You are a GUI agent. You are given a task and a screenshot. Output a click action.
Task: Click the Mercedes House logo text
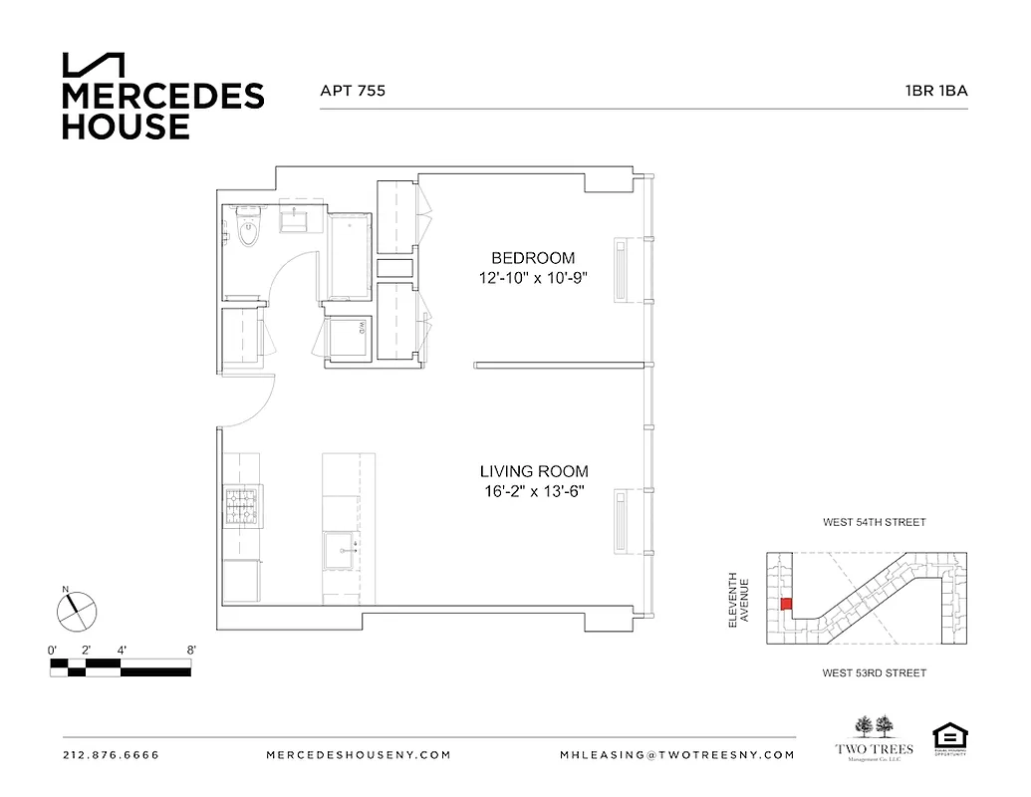pos(162,111)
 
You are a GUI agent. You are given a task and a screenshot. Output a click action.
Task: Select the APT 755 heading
pos(352,91)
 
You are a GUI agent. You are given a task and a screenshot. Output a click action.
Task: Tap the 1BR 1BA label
pos(935,91)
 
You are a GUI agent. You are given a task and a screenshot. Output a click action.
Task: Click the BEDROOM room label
pos(533,258)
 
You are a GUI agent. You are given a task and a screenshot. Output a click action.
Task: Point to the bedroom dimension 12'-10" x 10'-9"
pos(533,279)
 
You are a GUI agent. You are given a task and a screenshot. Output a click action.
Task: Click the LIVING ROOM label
pos(533,471)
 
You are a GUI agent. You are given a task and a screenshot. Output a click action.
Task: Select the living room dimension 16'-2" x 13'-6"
pos(533,491)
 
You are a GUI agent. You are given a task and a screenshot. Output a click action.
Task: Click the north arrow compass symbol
pos(76,610)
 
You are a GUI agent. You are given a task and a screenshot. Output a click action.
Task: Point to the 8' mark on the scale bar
pos(190,651)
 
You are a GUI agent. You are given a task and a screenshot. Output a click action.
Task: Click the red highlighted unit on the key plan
pos(785,604)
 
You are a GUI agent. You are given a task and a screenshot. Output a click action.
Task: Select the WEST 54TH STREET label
pos(873,522)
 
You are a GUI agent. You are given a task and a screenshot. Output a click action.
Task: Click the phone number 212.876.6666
pos(111,755)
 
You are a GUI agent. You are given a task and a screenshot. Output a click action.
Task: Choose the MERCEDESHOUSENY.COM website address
pos(359,755)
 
